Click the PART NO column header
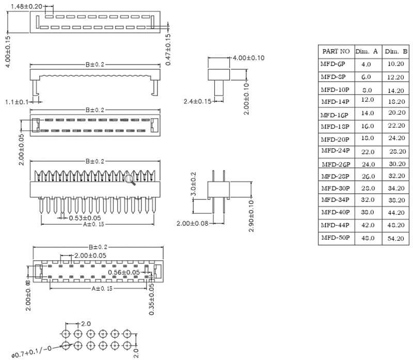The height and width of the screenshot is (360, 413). click(x=336, y=52)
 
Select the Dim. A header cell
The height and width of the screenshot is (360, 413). click(x=367, y=52)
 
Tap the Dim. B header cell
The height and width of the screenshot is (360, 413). click(x=396, y=52)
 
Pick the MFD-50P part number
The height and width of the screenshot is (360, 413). click(x=335, y=238)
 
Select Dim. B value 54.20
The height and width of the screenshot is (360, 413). click(x=396, y=238)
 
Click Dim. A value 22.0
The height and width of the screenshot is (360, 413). click(x=367, y=151)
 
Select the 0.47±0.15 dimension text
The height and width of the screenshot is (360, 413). click(x=168, y=50)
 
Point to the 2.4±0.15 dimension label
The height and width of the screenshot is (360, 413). click(x=198, y=101)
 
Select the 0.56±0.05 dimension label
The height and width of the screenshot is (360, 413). click(x=124, y=272)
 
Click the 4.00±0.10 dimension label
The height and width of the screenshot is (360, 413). click(x=248, y=58)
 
